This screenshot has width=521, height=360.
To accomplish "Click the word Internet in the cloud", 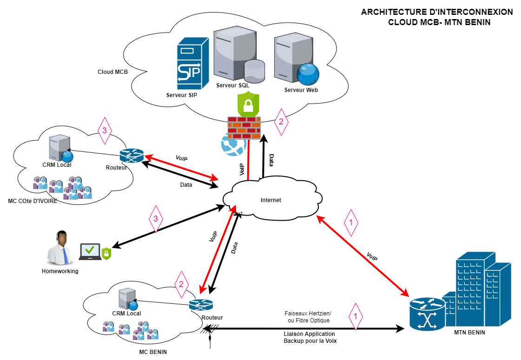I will [270, 200].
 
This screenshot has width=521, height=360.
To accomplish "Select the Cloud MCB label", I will [112, 72].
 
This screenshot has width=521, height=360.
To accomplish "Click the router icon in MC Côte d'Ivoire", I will [132, 156].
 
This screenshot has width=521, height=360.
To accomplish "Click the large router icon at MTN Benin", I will [426, 314].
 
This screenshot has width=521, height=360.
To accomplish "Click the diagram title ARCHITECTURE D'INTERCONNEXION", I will [437, 12].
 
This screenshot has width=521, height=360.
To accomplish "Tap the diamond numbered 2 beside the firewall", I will [280, 122].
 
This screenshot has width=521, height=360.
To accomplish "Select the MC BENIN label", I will [153, 352].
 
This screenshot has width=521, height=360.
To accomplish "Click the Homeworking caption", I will [60, 271].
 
